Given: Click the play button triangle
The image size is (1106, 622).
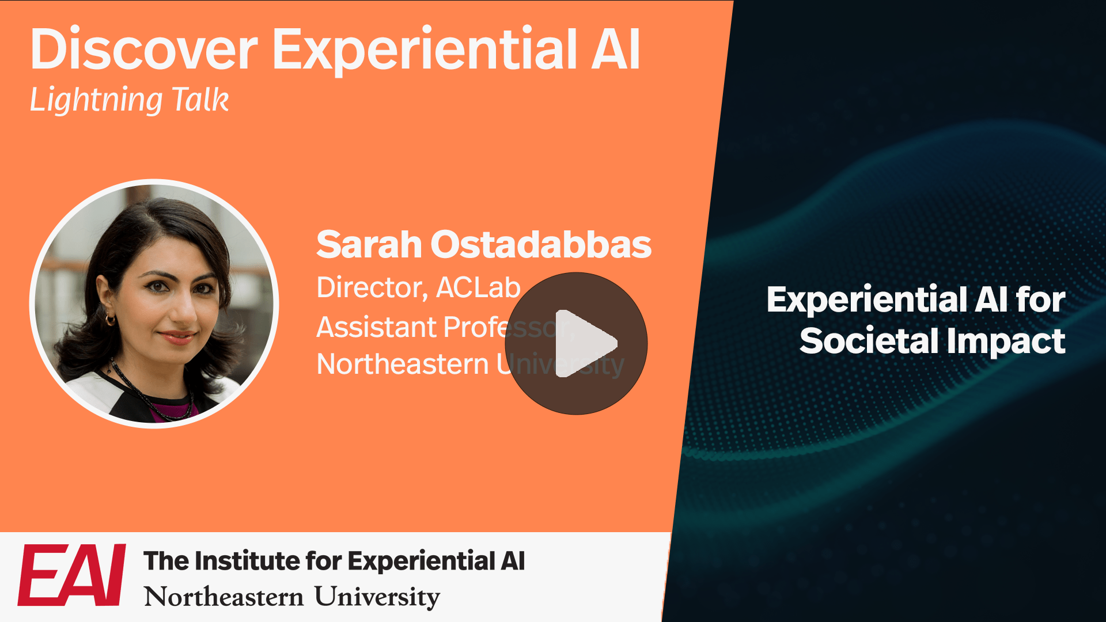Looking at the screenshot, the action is coord(582,344).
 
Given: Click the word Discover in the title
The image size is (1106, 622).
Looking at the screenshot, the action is coord(144,50).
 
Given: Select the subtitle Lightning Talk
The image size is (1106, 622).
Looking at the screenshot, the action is coord(129,100).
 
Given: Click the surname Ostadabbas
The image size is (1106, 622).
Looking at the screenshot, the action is coord(541,244).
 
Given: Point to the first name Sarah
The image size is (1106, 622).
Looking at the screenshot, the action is coord(369,244).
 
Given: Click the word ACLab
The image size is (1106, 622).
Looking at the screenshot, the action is coord(478,287).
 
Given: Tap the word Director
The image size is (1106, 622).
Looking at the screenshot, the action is coord(372,287).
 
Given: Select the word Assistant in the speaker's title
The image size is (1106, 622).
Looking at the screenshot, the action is coord(376,327).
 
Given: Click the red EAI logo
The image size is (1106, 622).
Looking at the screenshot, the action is coord(72,575).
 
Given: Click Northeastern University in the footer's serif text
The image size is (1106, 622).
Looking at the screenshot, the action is coord(291,597).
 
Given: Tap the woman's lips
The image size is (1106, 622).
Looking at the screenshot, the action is coord(177,337).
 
